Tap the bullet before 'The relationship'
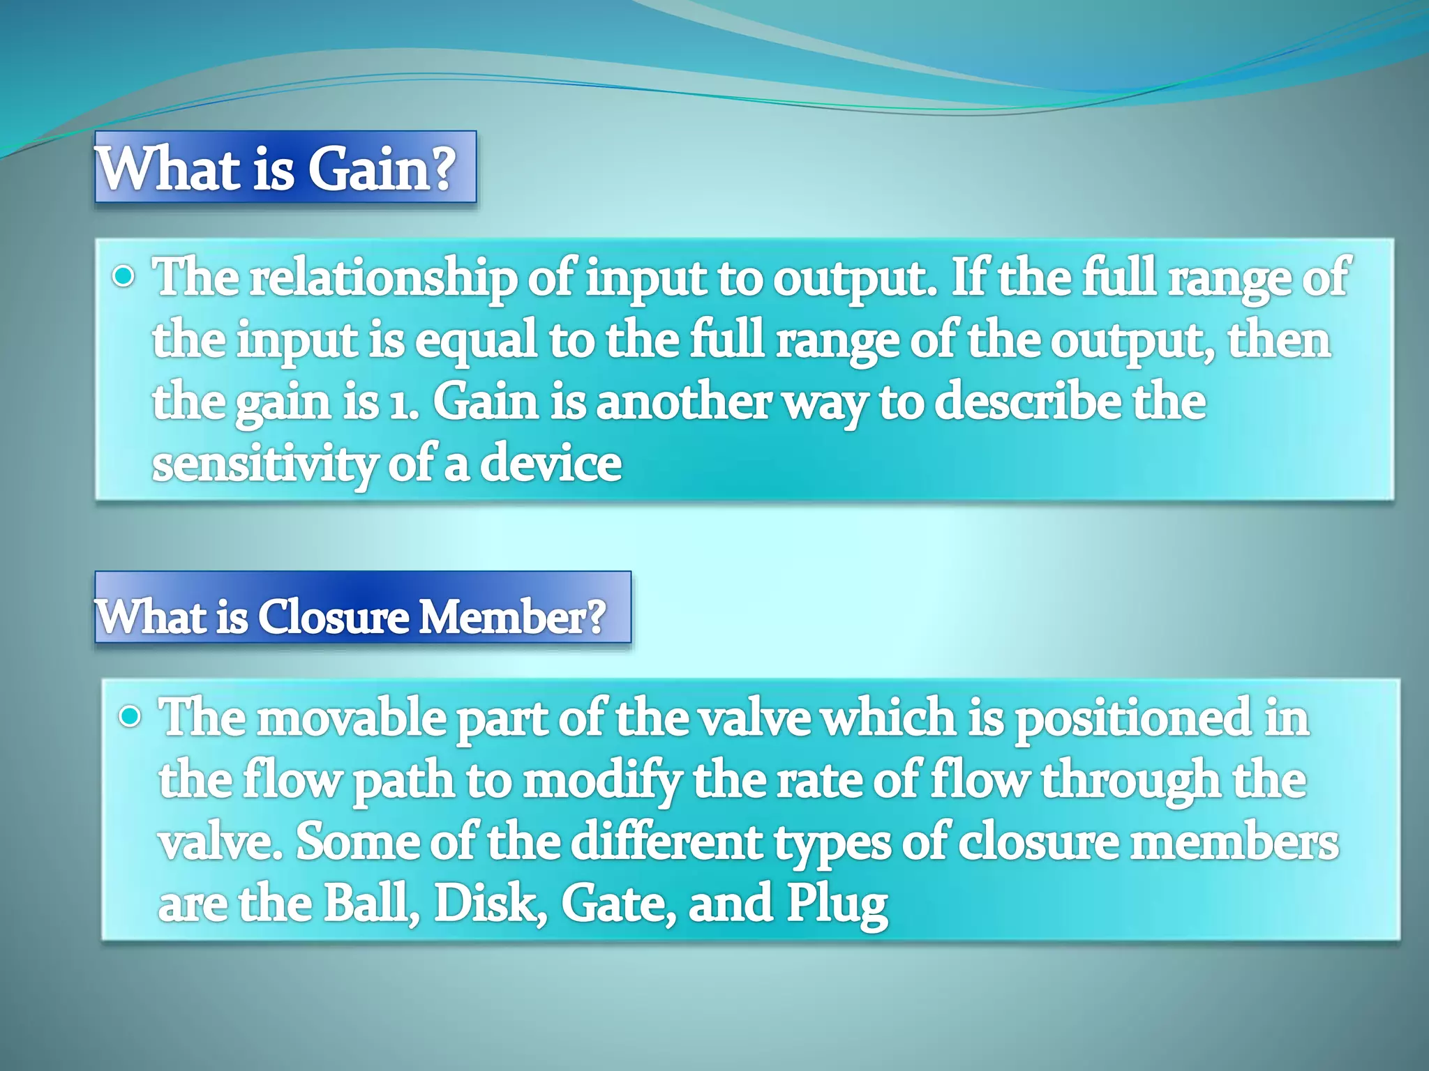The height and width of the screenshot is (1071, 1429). tap(124, 278)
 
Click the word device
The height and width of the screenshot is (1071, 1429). tap(551, 465)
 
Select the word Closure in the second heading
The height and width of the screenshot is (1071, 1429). tap(333, 617)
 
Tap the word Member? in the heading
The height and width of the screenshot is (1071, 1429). tap(511, 617)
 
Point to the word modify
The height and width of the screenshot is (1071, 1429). tap(602, 782)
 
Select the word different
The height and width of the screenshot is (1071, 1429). tap(666, 843)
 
